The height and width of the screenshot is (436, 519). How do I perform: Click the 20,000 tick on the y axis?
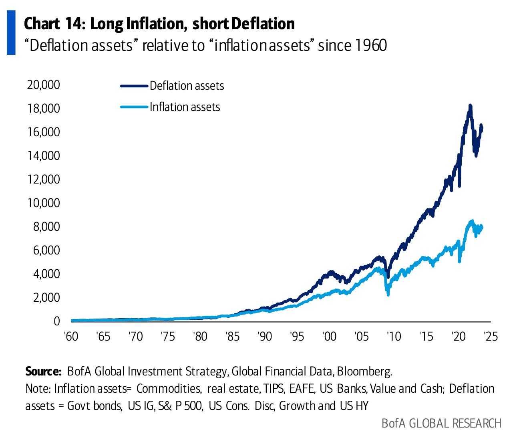tap(43, 85)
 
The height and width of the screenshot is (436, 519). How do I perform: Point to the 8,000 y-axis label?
tap(45, 227)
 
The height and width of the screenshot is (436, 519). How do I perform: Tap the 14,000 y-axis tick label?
tap(43, 155)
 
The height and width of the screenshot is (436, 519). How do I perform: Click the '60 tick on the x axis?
tap(71, 336)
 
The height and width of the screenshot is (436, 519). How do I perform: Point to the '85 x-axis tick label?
tap(232, 336)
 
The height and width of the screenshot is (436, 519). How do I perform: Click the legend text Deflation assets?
tap(187, 86)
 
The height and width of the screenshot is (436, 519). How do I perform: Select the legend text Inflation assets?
tap(185, 107)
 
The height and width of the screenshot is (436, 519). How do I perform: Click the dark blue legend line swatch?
tap(134, 86)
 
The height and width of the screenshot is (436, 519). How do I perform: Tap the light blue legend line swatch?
tap(134, 107)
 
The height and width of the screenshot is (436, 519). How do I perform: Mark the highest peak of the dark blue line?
tap(470, 106)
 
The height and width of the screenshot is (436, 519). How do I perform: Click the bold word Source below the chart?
tap(43, 371)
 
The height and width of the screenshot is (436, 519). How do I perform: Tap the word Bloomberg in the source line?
tap(364, 371)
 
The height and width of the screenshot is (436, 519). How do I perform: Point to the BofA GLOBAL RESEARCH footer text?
tap(441, 423)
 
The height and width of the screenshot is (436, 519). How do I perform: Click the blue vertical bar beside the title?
tap(11, 34)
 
